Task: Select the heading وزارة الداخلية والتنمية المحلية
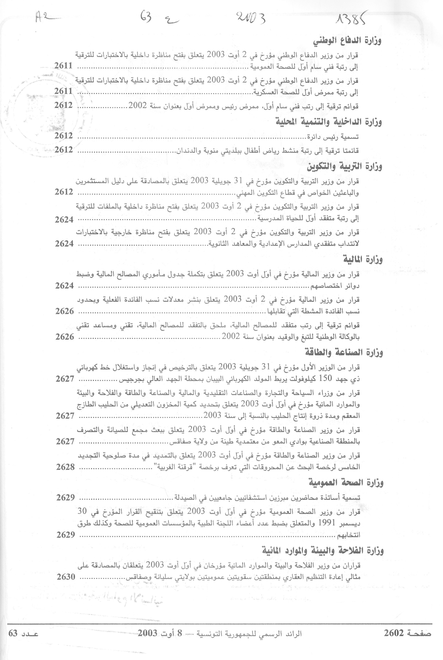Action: tap(328, 122)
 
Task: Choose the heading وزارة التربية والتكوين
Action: tap(344, 166)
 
